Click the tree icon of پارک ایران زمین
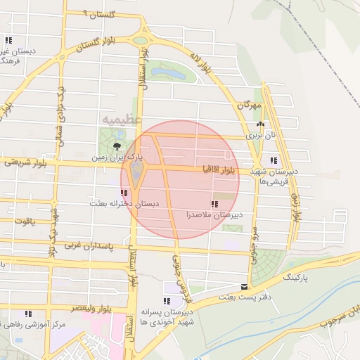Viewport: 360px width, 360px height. click(116, 148)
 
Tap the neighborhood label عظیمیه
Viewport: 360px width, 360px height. click(118, 120)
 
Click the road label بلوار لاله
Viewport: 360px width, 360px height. click(200, 61)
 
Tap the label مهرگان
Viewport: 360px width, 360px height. click(249, 105)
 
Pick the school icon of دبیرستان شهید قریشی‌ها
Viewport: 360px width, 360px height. click(273, 160)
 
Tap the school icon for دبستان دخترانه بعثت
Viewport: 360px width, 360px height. click(124, 192)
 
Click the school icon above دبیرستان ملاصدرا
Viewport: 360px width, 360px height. click(214, 205)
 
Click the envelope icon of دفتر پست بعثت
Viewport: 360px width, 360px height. click(244, 287)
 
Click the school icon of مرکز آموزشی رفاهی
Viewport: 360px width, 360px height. click(28, 314)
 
